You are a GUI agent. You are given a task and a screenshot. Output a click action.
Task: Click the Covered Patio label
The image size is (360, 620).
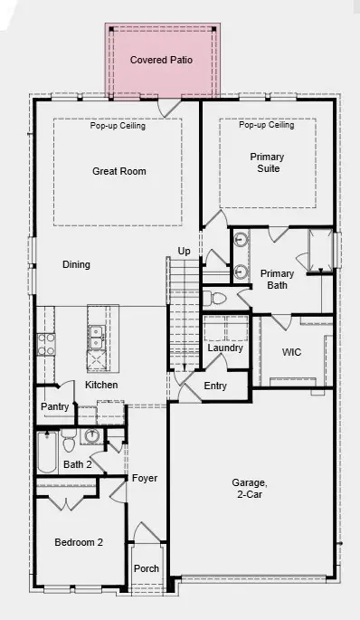click(161, 60)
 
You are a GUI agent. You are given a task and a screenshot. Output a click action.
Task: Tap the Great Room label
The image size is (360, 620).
click(118, 171)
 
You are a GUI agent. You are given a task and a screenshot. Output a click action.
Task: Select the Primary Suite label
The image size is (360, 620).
click(267, 163)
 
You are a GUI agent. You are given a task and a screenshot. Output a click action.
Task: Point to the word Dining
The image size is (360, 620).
click(76, 264)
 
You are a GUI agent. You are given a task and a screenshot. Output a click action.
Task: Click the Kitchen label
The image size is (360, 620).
click(101, 385)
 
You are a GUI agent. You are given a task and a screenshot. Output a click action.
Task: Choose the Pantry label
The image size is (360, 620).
click(54, 407)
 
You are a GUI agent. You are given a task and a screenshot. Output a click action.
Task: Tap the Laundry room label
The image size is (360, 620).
click(225, 348)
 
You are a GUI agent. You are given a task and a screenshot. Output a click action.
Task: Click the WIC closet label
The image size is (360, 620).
click(291, 350)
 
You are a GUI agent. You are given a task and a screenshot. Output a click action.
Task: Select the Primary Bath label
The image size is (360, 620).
click(278, 280)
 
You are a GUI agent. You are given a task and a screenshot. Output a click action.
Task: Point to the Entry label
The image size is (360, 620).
click(215, 386)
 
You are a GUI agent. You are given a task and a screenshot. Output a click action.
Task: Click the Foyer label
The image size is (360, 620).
click(145, 478)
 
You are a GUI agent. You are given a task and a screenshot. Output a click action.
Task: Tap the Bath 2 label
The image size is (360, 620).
click(77, 464)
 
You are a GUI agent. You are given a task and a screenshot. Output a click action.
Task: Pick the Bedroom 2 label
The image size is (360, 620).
click(79, 542)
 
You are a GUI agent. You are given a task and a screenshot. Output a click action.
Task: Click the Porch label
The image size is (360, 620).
click(147, 568)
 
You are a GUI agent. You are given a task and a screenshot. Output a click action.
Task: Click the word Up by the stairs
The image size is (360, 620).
click(184, 251)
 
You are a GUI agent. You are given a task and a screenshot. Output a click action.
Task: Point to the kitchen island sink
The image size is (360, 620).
click(96, 338)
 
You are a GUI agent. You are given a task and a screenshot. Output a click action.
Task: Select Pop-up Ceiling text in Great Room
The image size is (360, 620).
click(118, 126)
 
